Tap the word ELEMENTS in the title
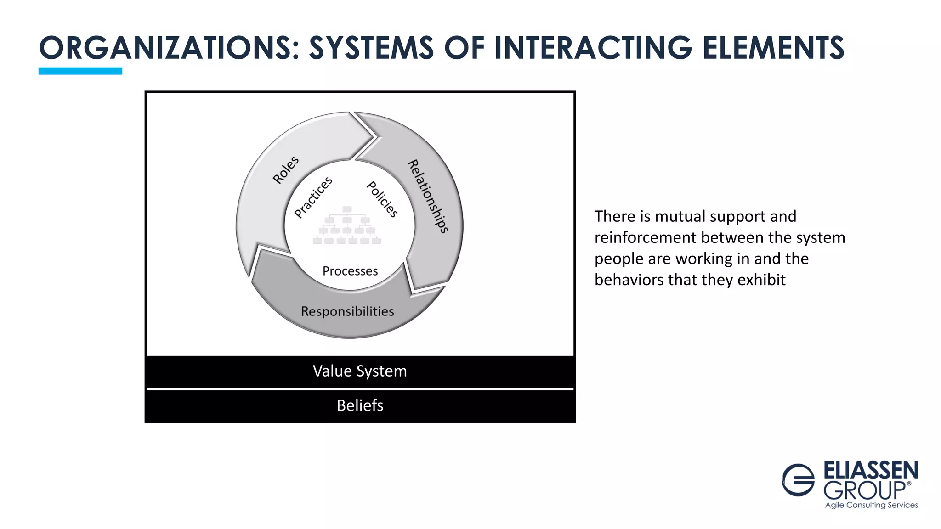tap(773, 48)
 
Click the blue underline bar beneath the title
tap(80, 71)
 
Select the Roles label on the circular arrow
tap(286, 170)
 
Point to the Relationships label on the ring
tap(428, 196)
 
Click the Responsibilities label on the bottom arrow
tap(347, 311)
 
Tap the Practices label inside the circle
tap(313, 197)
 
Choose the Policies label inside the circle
tap(382, 199)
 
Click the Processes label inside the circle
tap(350, 271)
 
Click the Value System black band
tap(360, 371)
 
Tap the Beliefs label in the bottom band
tap(360, 405)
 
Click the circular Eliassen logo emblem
tap(798, 480)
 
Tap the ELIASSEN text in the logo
tap(871, 471)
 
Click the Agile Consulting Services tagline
tap(871, 505)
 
